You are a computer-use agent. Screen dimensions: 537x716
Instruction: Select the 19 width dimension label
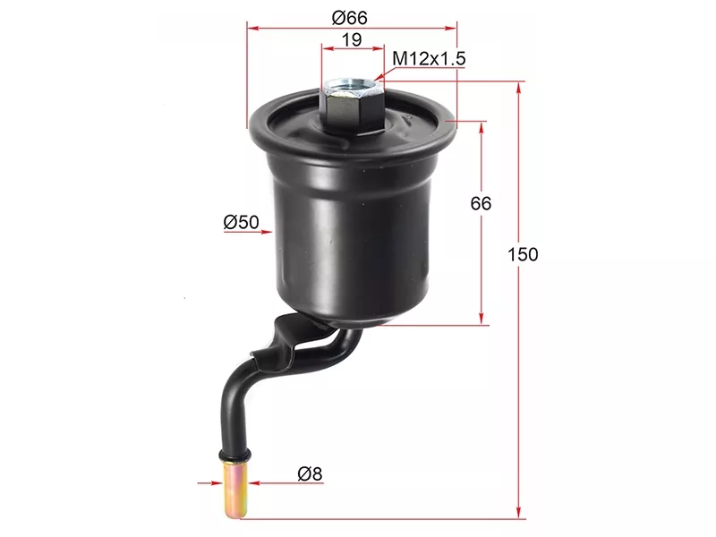point(352,39)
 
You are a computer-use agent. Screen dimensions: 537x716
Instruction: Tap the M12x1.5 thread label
point(430,59)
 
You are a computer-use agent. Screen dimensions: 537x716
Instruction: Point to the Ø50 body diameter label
point(241,222)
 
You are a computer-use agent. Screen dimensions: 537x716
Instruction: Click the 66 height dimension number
point(481,203)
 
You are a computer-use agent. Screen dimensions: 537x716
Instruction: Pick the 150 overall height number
point(523,254)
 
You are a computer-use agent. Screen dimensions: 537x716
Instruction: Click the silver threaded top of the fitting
point(353,88)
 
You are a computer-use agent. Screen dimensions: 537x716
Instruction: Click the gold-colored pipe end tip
point(236,487)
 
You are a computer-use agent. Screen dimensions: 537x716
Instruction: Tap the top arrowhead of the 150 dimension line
point(518,87)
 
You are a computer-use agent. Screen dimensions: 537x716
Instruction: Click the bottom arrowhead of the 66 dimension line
point(482,320)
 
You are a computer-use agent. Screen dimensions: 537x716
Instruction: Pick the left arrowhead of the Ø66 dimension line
point(251,29)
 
